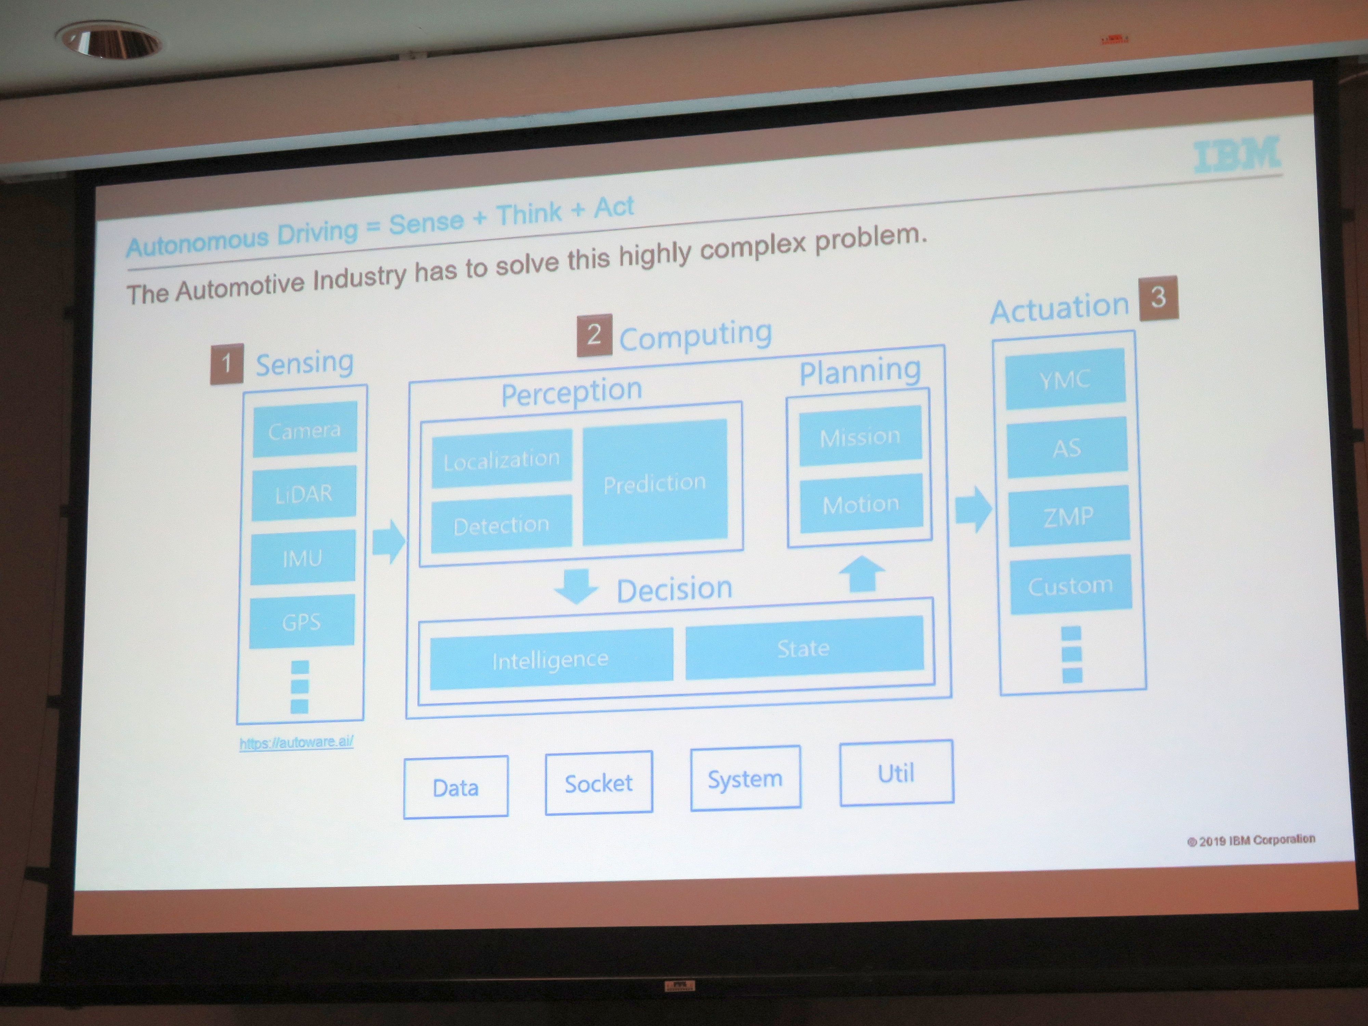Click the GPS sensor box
[x=302, y=621]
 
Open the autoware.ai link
[x=296, y=741]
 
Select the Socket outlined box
[x=598, y=782]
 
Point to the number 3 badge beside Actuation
[x=1158, y=298]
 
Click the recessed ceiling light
[x=110, y=40]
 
